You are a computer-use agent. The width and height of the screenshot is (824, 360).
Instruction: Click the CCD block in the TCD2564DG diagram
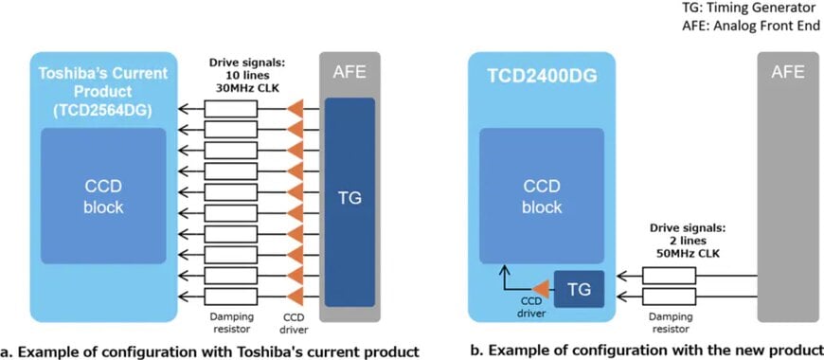click(x=103, y=195)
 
